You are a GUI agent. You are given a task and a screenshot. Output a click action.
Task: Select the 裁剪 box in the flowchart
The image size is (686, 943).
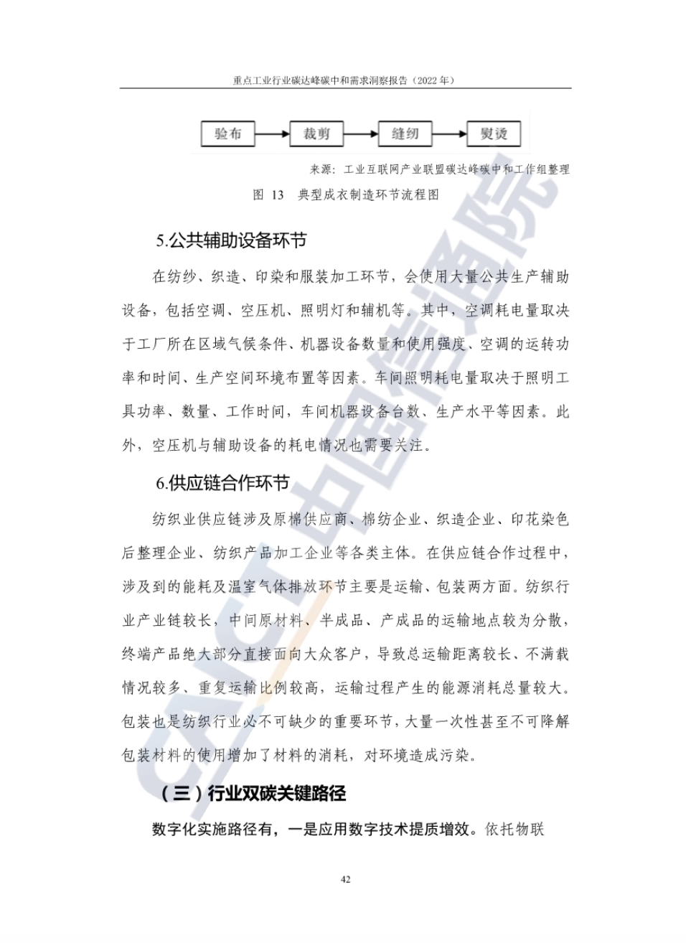tap(316, 133)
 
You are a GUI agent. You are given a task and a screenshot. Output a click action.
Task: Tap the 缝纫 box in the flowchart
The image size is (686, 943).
tap(405, 133)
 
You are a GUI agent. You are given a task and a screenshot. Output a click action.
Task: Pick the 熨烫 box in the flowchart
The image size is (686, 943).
tap(494, 133)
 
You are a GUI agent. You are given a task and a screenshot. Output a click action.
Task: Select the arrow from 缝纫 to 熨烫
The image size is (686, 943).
tap(449, 133)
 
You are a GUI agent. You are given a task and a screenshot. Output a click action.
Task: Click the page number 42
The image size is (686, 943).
tap(345, 880)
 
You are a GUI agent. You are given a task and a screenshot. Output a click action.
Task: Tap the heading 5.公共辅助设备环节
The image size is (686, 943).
tap(231, 240)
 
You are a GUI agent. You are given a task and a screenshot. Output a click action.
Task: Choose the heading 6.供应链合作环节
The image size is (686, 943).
tap(222, 483)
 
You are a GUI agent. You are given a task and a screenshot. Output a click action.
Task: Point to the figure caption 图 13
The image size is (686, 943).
tap(268, 194)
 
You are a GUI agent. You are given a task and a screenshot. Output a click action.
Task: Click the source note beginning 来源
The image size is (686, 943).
tap(439, 169)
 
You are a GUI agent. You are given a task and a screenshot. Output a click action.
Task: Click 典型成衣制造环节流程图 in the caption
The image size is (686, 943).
tap(368, 194)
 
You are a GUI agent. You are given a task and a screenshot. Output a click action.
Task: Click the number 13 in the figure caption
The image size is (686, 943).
tap(278, 194)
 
